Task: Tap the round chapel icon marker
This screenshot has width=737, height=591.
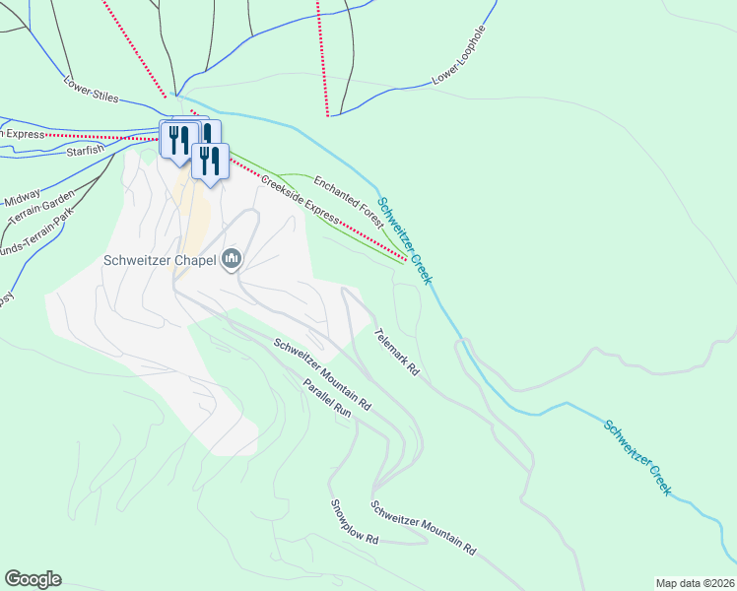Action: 233,260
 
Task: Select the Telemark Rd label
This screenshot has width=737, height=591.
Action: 397,353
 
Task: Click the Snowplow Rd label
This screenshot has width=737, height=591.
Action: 355,522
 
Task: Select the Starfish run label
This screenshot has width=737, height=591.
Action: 85,153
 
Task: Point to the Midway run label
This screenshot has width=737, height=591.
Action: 22,196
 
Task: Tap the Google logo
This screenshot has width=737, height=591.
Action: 33,579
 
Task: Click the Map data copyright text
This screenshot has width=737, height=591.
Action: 694,583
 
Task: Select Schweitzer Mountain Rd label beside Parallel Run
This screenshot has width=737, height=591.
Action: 322,374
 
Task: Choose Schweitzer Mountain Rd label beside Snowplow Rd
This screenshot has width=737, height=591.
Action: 424,529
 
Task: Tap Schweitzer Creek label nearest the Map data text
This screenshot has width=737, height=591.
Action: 638,457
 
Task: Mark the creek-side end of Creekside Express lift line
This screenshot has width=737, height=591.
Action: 405,261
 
